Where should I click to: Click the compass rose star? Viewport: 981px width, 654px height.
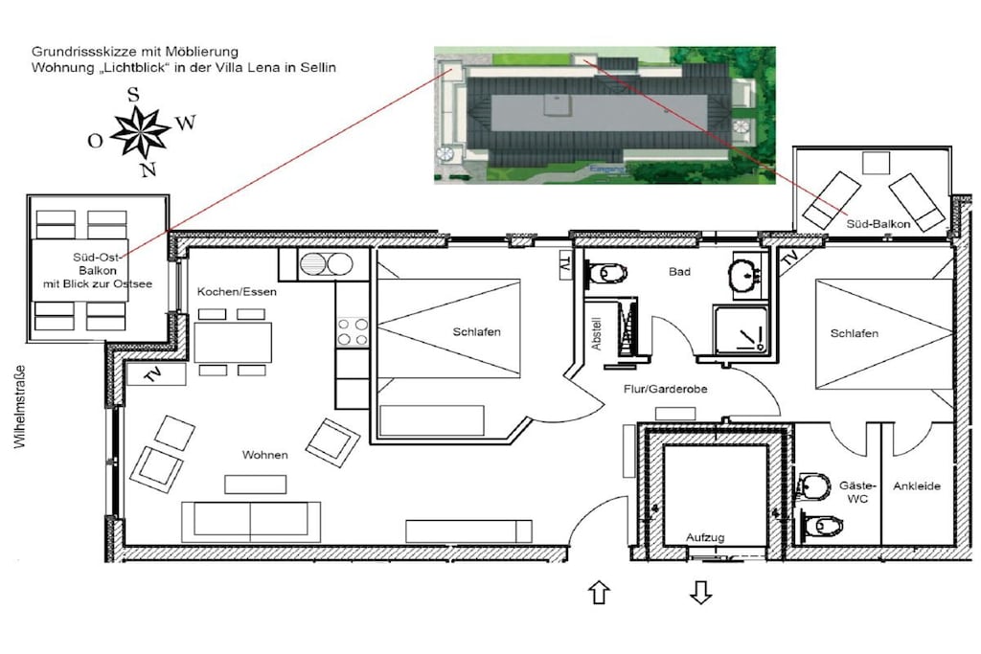pyautogui.click(x=140, y=132)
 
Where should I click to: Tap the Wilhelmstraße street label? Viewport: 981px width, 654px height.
pyautogui.click(x=21, y=406)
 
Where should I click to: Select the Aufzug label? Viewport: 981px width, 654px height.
pyautogui.click(x=705, y=537)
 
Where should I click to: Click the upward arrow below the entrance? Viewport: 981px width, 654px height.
pyautogui.click(x=600, y=592)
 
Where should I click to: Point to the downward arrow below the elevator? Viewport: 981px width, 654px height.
pyautogui.click(x=700, y=592)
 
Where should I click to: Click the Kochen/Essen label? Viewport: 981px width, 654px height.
pyautogui.click(x=237, y=291)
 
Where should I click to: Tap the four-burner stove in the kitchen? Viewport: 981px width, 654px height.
pyautogui.click(x=353, y=331)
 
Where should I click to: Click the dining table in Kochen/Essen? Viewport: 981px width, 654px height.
pyautogui.click(x=233, y=342)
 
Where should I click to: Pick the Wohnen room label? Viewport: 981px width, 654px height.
pyautogui.click(x=265, y=455)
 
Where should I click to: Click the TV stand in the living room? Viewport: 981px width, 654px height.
pyautogui.click(x=156, y=374)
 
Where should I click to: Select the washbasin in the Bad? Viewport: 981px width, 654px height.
pyautogui.click(x=745, y=275)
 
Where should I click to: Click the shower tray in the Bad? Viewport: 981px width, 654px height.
pyautogui.click(x=741, y=330)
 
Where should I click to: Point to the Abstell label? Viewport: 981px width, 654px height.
pyautogui.click(x=596, y=334)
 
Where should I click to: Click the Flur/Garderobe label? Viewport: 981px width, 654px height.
pyautogui.click(x=665, y=389)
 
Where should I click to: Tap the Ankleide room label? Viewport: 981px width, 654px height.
pyautogui.click(x=917, y=485)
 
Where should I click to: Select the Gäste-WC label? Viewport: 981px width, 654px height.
pyautogui.click(x=857, y=492)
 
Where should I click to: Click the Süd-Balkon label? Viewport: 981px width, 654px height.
pyautogui.click(x=878, y=223)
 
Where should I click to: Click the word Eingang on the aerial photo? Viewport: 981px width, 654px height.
pyautogui.click(x=606, y=169)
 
